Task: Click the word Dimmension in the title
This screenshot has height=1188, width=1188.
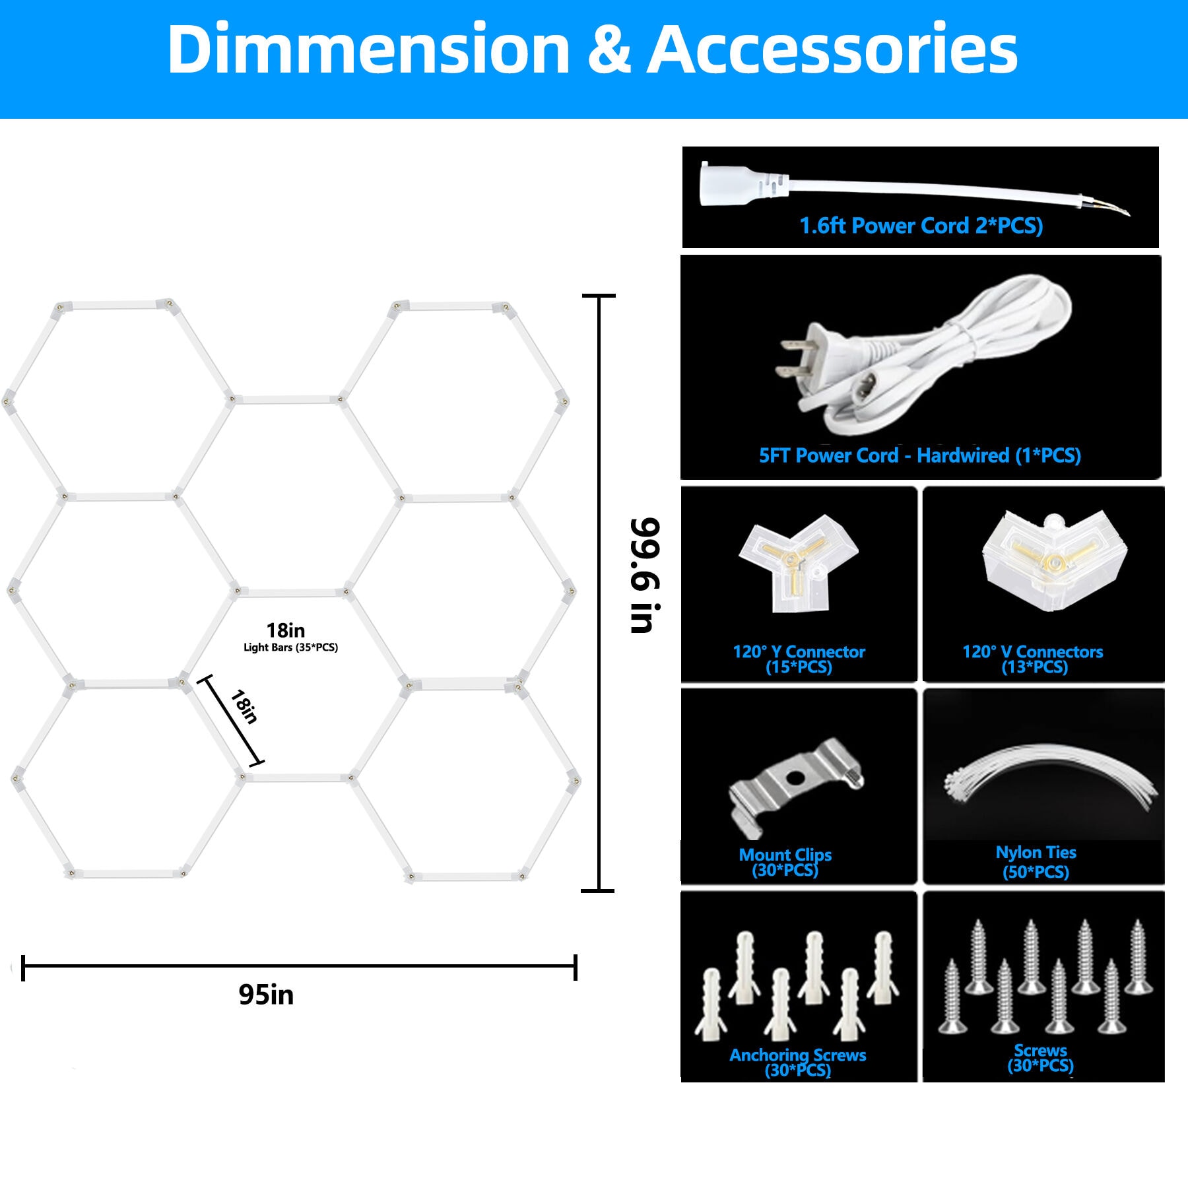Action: [x=368, y=49]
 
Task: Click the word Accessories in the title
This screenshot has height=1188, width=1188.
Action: [x=832, y=49]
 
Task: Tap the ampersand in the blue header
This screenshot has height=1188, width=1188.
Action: [x=608, y=49]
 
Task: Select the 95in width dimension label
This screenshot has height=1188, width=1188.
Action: [x=266, y=995]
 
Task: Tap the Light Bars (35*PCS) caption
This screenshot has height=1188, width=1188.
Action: [x=290, y=647]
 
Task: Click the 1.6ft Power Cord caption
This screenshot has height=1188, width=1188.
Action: [x=921, y=226]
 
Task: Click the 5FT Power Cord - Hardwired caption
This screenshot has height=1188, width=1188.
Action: [x=920, y=455]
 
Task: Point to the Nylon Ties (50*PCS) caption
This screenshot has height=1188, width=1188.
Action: [x=1036, y=862]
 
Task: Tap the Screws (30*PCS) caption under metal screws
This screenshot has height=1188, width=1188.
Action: [x=1040, y=1058]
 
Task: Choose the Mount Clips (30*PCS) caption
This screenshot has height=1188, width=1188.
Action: [x=785, y=863]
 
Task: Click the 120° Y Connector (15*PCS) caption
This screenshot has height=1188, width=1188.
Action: [x=799, y=659]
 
